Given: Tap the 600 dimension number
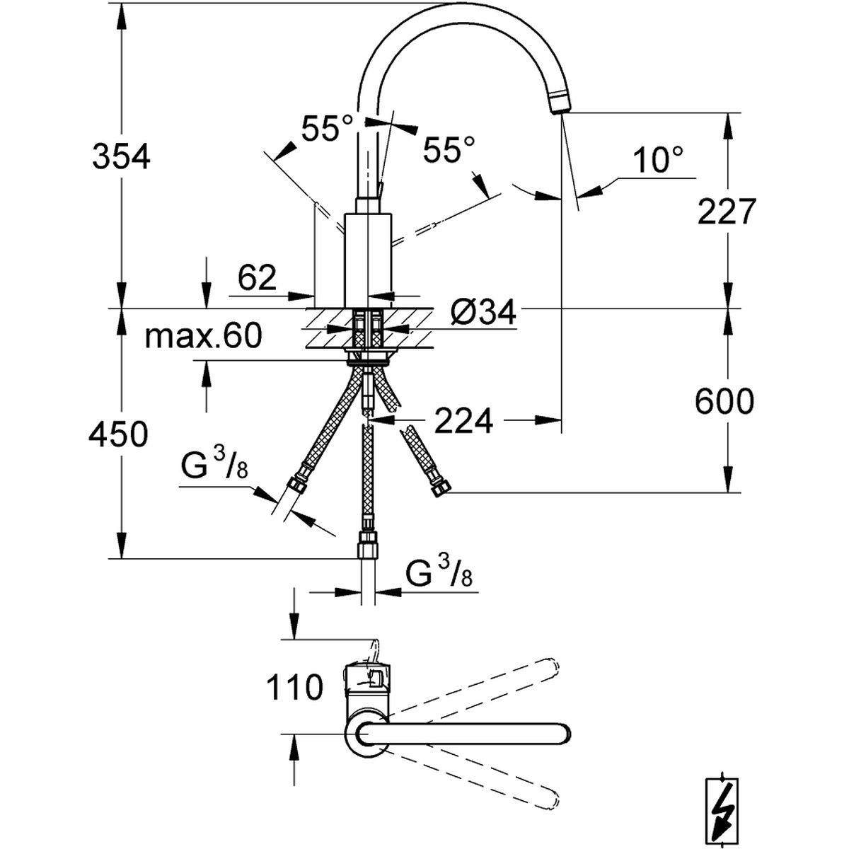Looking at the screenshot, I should pos(724,403).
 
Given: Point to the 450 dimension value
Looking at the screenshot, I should pos(118,434).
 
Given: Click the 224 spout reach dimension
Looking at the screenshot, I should pos(463,422).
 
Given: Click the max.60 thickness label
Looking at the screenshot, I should pos(203,335).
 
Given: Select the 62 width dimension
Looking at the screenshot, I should pos(257,279).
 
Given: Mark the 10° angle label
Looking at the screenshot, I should pos(658,161).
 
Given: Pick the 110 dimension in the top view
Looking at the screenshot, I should pos(294,686).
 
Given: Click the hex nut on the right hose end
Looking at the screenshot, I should pos(440,487).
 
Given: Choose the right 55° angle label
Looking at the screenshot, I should pos(449,149).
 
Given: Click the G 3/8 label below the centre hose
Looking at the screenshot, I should pos(439,572).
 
